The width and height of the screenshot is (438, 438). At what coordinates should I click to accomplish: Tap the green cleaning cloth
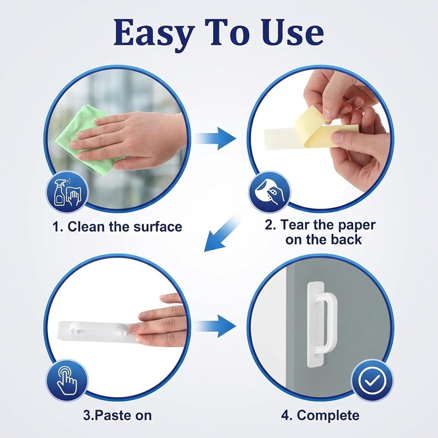86,139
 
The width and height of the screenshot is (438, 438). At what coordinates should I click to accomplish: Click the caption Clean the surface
117,227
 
